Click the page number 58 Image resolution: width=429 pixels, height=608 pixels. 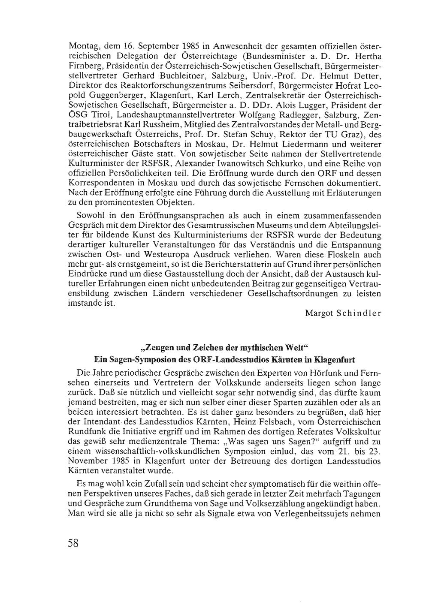click(73, 543)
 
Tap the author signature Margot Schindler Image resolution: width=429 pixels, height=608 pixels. click(343, 313)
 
